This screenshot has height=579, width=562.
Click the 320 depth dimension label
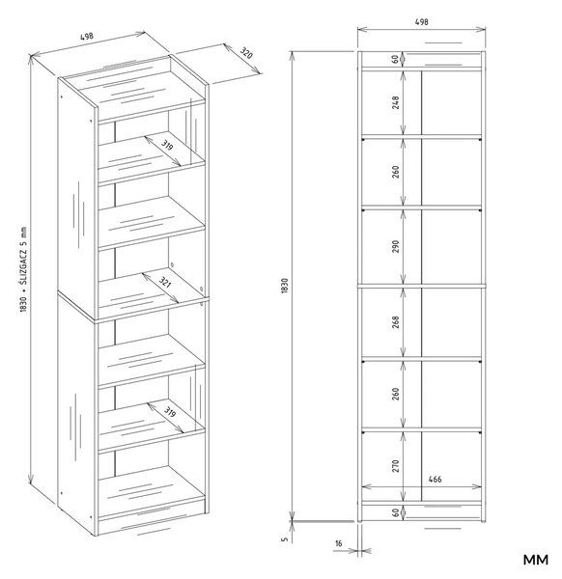point(246,53)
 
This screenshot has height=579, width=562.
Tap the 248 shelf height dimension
point(396,102)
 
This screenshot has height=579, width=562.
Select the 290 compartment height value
point(396,246)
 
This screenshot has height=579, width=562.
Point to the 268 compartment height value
point(396,322)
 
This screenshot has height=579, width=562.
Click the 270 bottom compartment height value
point(396,466)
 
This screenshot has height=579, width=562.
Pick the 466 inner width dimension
point(435,480)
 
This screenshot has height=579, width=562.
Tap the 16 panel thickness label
point(339,543)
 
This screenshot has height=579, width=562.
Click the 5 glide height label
point(284,538)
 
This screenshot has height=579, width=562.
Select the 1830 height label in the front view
point(284,286)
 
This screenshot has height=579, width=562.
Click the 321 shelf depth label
point(165,283)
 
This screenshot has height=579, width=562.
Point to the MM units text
point(535,560)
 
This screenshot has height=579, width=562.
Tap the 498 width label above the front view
point(422,22)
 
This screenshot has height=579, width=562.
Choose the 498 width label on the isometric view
point(87,37)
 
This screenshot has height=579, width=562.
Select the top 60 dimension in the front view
point(395,59)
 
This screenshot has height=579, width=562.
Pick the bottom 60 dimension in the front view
point(395,512)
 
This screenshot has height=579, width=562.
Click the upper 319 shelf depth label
point(167,145)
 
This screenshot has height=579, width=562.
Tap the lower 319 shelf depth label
point(169,411)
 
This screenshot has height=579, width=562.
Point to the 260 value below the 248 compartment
point(396,172)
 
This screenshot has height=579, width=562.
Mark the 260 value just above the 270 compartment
point(396,394)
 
